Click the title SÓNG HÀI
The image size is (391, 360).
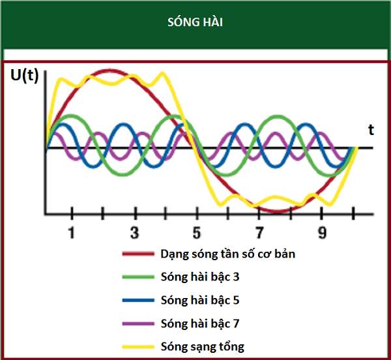[195, 23]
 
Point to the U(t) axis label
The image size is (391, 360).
[25, 76]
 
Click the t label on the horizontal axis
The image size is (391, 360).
[371, 129]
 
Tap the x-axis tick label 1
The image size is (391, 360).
[72, 233]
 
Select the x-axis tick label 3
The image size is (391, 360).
[134, 233]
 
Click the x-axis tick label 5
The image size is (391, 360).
[197, 233]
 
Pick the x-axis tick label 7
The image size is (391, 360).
[259, 233]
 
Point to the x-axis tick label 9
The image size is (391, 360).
[322, 233]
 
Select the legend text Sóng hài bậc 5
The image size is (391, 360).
[199, 301]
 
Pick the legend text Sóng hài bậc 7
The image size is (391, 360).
[199, 323]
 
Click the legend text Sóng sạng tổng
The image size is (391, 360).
[202, 347]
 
